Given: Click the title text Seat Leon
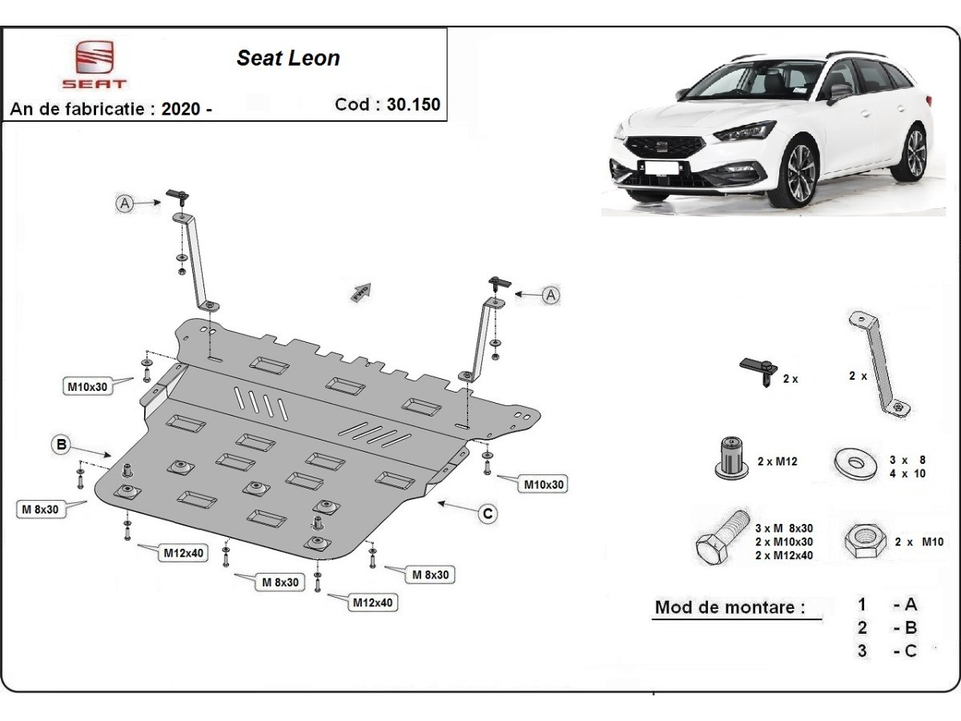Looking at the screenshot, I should pyautogui.click(x=287, y=58).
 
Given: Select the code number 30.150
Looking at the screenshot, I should pyautogui.click(x=414, y=104).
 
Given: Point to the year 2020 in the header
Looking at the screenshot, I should pyautogui.click(x=181, y=110).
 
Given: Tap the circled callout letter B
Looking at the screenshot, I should pyautogui.click(x=62, y=445).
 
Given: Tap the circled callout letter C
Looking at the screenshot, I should pyautogui.click(x=488, y=514).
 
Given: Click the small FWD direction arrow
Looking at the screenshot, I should pyautogui.click(x=360, y=292).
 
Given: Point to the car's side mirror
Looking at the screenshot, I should pyautogui.click(x=839, y=91).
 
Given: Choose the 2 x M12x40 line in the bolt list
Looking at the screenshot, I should pyautogui.click(x=784, y=556).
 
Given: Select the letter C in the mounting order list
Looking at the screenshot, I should pyautogui.click(x=910, y=651).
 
